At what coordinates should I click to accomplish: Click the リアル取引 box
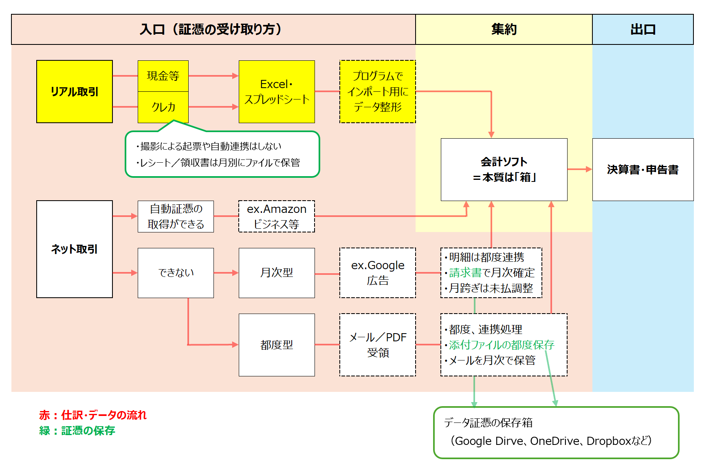[75, 92]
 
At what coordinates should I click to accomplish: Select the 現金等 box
[163, 76]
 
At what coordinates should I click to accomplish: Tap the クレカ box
[163, 107]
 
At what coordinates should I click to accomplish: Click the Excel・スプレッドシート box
[277, 92]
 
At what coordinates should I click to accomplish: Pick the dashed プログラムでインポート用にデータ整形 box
[378, 92]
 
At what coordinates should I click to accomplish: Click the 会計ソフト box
[504, 169]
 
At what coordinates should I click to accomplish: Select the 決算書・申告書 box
[643, 169]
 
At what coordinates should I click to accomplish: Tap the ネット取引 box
[75, 249]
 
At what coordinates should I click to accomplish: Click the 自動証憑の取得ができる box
[176, 217]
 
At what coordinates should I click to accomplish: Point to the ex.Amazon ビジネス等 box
[277, 217]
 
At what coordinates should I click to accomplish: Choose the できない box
[176, 273]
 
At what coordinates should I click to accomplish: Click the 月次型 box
[277, 273]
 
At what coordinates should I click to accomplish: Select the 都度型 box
[277, 345]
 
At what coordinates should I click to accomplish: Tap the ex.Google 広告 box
[378, 273]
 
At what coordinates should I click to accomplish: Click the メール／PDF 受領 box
[378, 345]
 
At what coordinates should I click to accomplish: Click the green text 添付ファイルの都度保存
[502, 345]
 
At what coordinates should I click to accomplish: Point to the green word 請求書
[465, 272]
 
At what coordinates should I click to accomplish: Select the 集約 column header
[504, 29]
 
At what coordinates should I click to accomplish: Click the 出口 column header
[643, 29]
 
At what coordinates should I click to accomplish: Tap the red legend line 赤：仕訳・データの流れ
[93, 415]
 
